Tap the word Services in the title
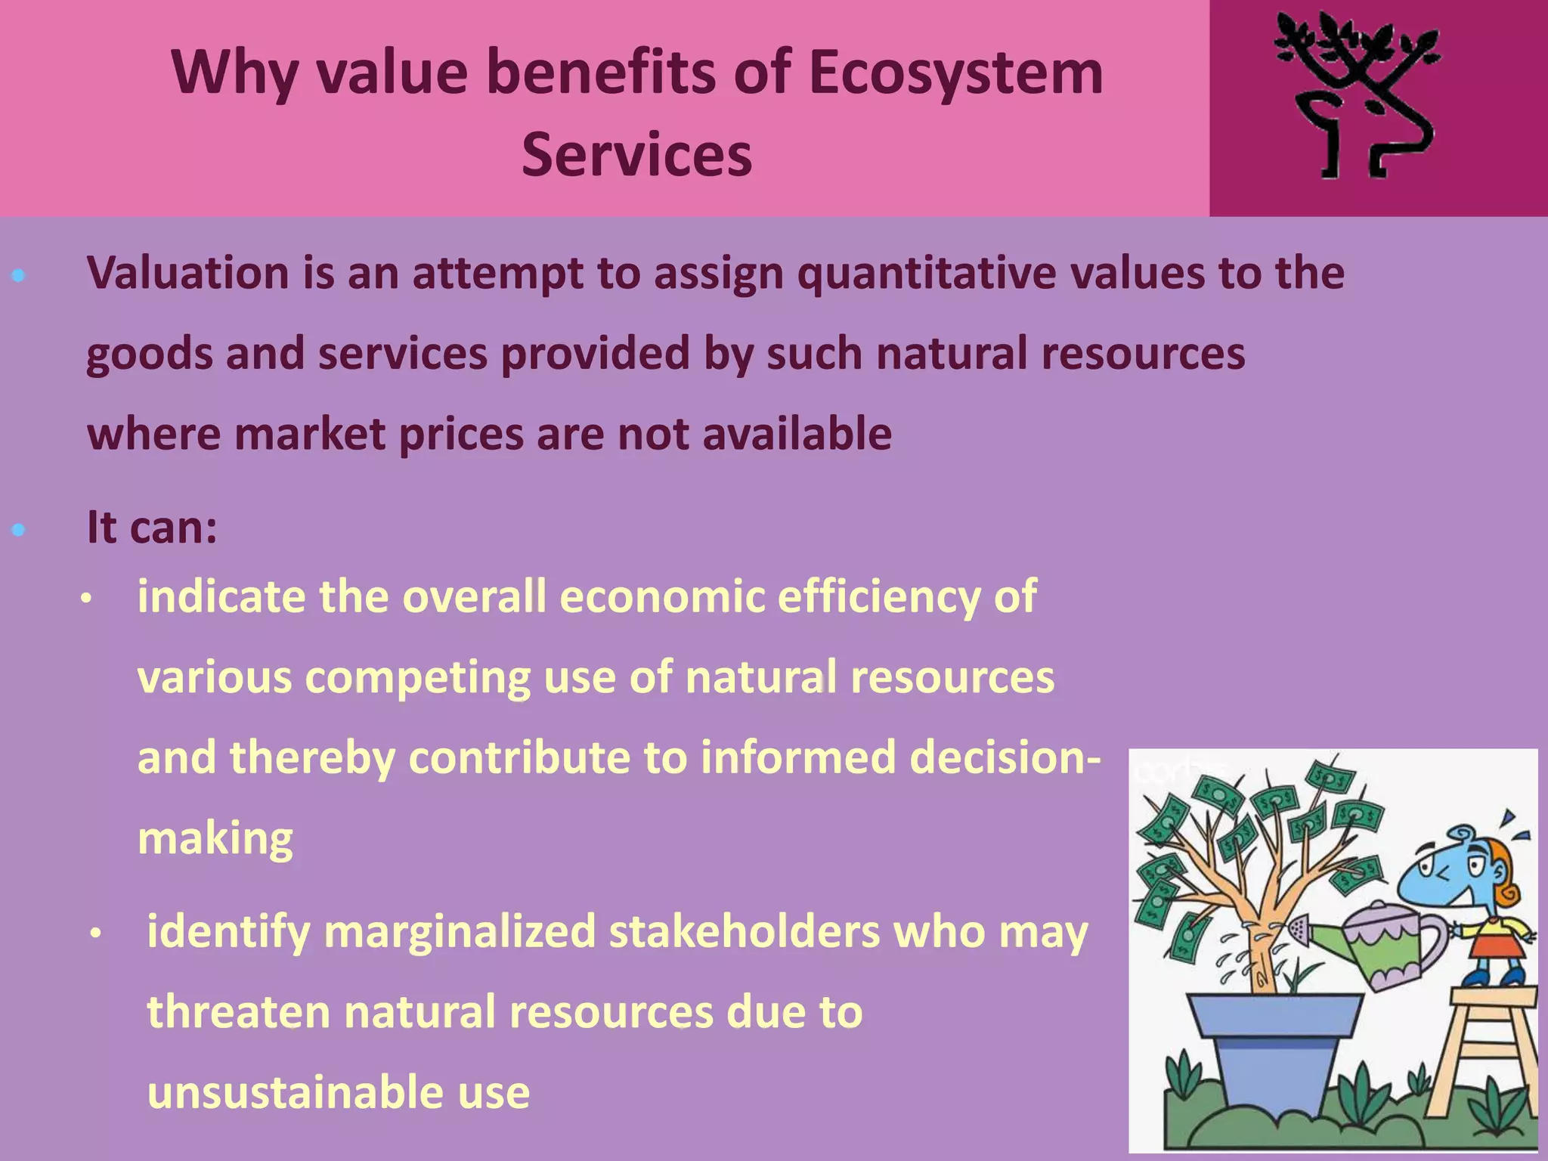636,155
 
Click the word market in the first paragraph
310,435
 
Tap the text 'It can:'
152,527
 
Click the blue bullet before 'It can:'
19,530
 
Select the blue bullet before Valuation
19,276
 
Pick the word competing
417,677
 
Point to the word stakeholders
745,932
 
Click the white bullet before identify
95,935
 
